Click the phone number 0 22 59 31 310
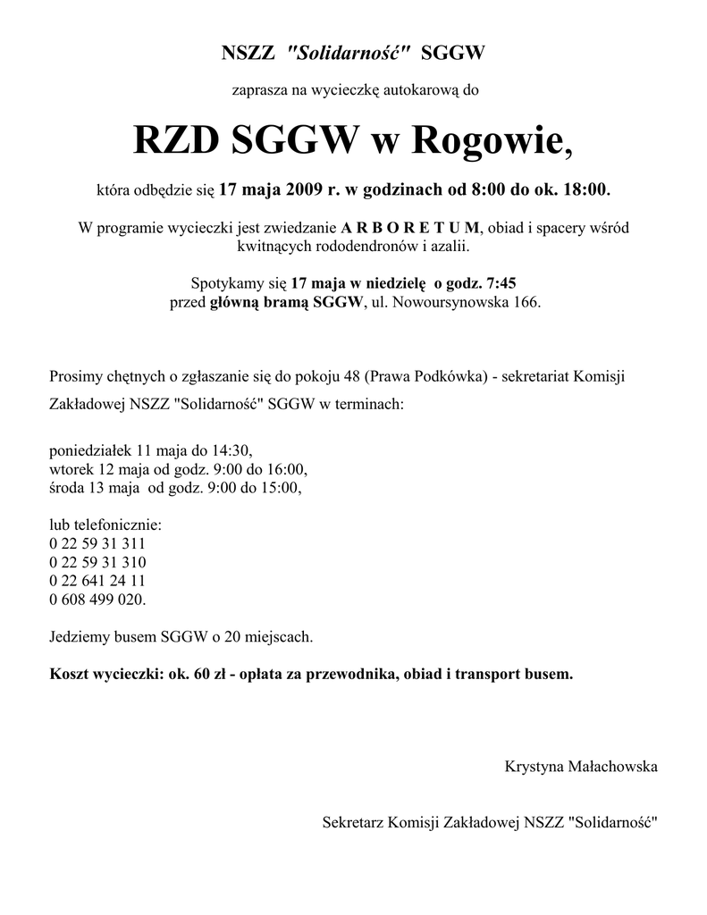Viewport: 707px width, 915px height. pyautogui.click(x=97, y=562)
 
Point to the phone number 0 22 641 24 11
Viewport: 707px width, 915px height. pyautogui.click(x=97, y=581)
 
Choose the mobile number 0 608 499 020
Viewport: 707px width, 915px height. pyautogui.click(x=97, y=600)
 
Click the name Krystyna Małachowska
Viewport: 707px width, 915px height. pyautogui.click(x=581, y=767)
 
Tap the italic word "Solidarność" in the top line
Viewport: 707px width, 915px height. pyautogui.click(x=348, y=54)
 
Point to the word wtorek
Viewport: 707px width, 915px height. pyautogui.click(x=71, y=468)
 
